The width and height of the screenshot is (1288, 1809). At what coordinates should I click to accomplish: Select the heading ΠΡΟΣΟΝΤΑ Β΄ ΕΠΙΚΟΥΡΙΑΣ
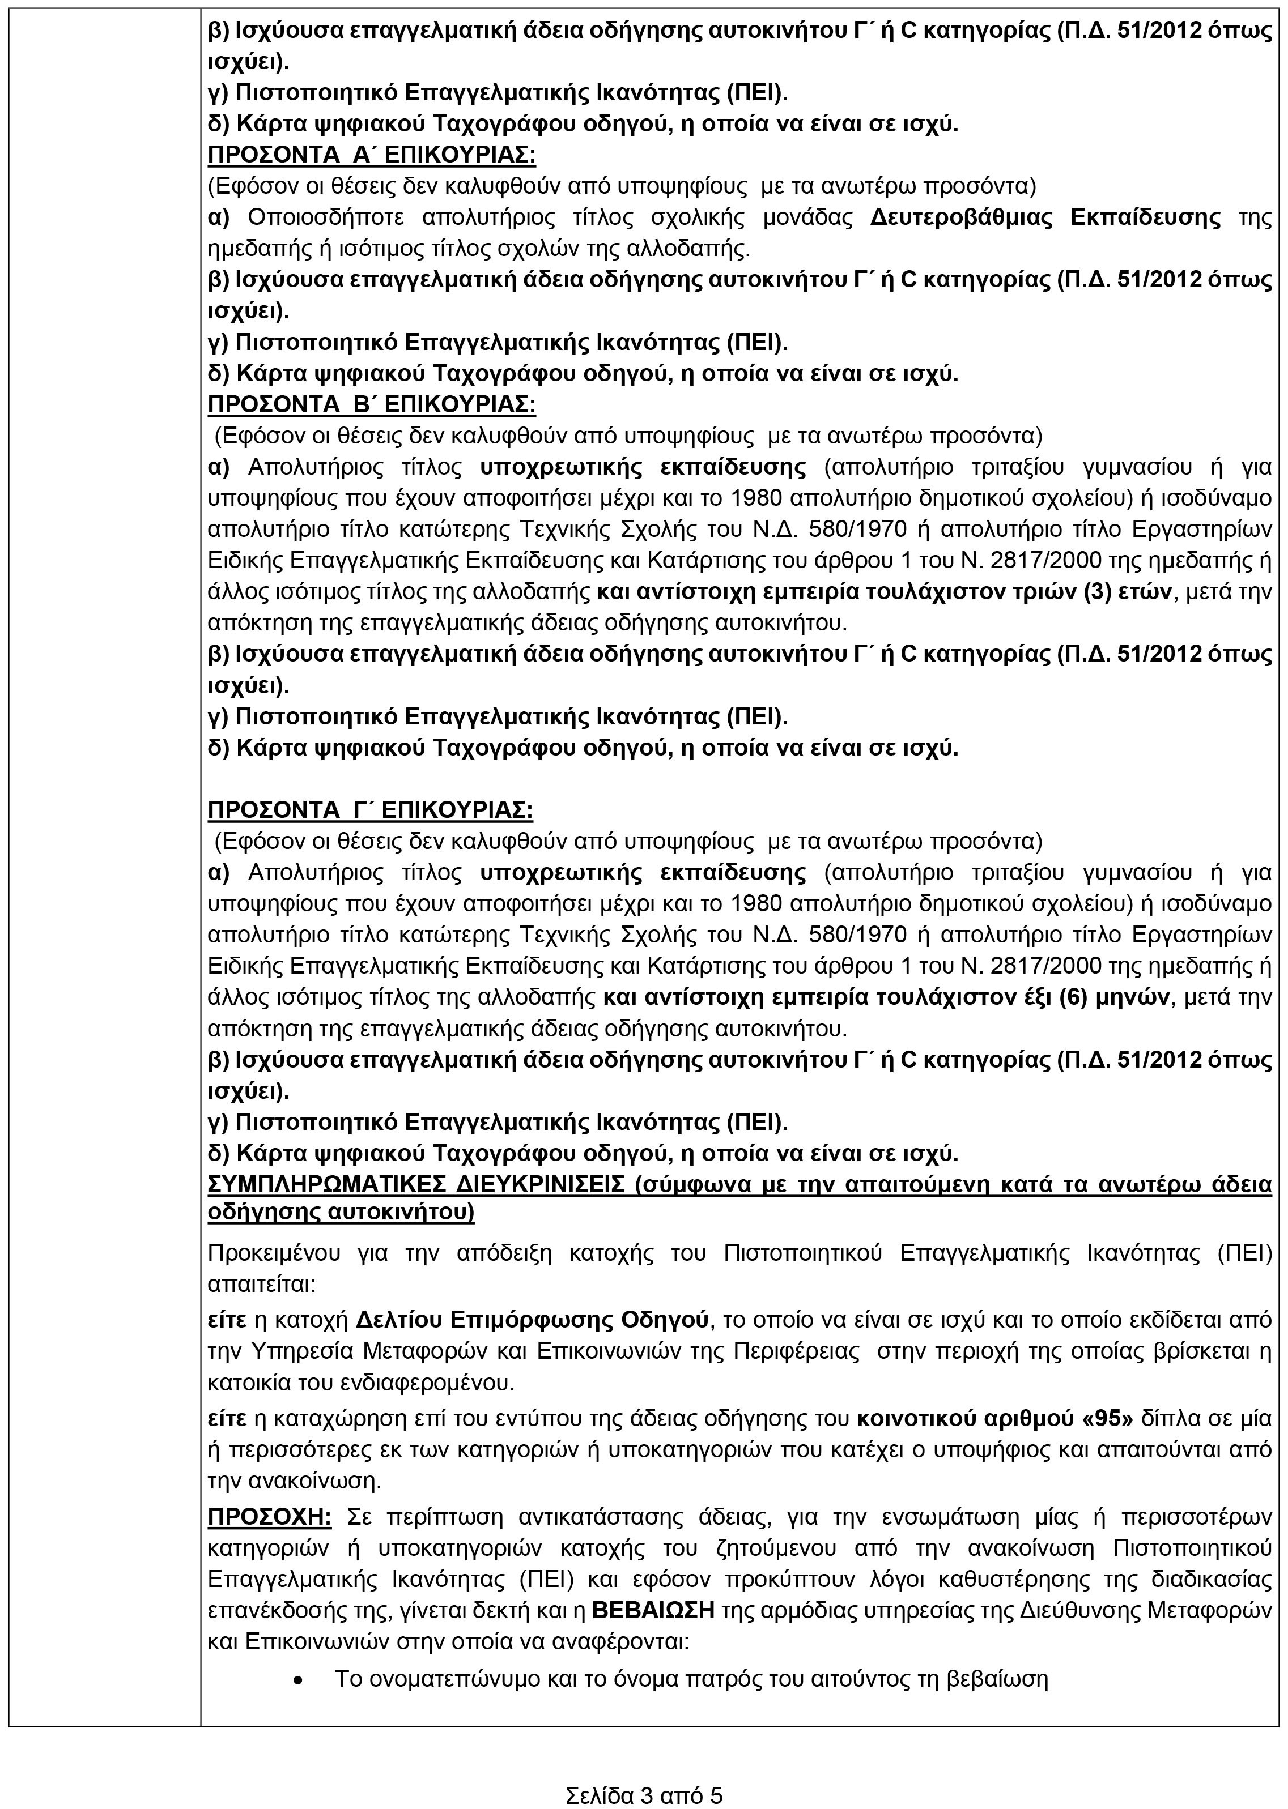click(371, 404)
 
